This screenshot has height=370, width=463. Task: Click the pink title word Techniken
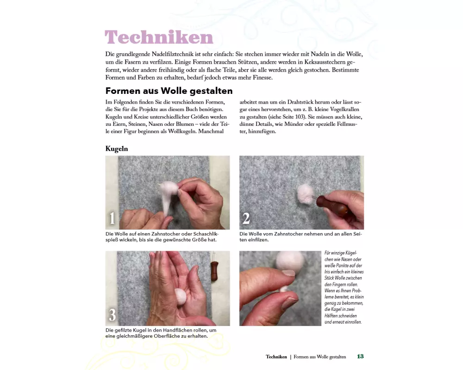click(x=159, y=37)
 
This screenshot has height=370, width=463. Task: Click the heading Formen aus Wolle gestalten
click(x=169, y=91)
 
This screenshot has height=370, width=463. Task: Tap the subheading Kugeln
click(x=117, y=149)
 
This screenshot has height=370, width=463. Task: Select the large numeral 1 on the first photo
click(x=112, y=218)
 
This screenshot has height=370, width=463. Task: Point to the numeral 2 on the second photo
click(x=246, y=218)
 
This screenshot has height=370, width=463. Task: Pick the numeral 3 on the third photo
click(x=113, y=315)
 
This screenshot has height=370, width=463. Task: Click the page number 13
click(x=360, y=357)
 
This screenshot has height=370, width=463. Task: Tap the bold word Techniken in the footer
click(x=276, y=357)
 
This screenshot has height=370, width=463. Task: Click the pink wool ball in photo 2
click(x=306, y=194)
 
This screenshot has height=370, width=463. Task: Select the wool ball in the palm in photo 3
click(x=181, y=296)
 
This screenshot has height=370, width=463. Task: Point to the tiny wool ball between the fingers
click(x=284, y=289)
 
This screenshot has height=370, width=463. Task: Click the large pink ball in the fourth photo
click(x=290, y=261)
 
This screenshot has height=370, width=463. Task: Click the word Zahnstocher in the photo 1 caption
click(x=166, y=234)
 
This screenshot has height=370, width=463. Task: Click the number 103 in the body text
click(x=300, y=117)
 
